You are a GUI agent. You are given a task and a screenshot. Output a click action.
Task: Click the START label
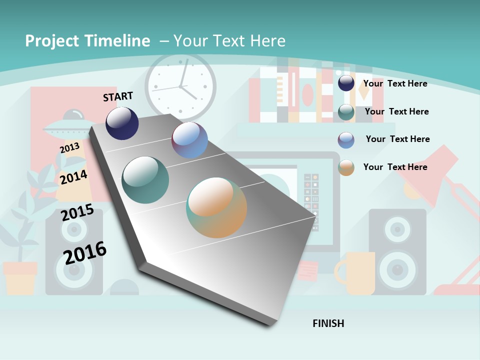click(x=118, y=96)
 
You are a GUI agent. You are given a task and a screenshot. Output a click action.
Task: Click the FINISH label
click(x=328, y=323)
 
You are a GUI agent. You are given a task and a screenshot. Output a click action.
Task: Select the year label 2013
click(x=69, y=148)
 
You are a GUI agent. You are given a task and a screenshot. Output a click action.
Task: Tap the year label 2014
click(x=73, y=177)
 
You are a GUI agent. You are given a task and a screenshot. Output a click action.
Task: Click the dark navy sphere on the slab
click(x=122, y=123)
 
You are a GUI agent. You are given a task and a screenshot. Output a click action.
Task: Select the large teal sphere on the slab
click(x=145, y=179)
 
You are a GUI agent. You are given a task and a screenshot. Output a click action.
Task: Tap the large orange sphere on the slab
click(x=216, y=207)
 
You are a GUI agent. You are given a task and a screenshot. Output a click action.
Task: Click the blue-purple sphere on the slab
click(x=189, y=140)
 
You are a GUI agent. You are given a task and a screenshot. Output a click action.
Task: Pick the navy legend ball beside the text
click(x=346, y=83)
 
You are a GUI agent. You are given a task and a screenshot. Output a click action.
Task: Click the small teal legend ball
click(x=346, y=112)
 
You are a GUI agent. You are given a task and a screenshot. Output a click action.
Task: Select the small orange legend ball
click(x=346, y=167)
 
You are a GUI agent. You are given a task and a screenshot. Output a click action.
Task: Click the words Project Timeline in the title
click(x=87, y=41)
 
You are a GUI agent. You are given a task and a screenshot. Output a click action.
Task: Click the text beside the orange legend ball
click(x=395, y=167)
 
